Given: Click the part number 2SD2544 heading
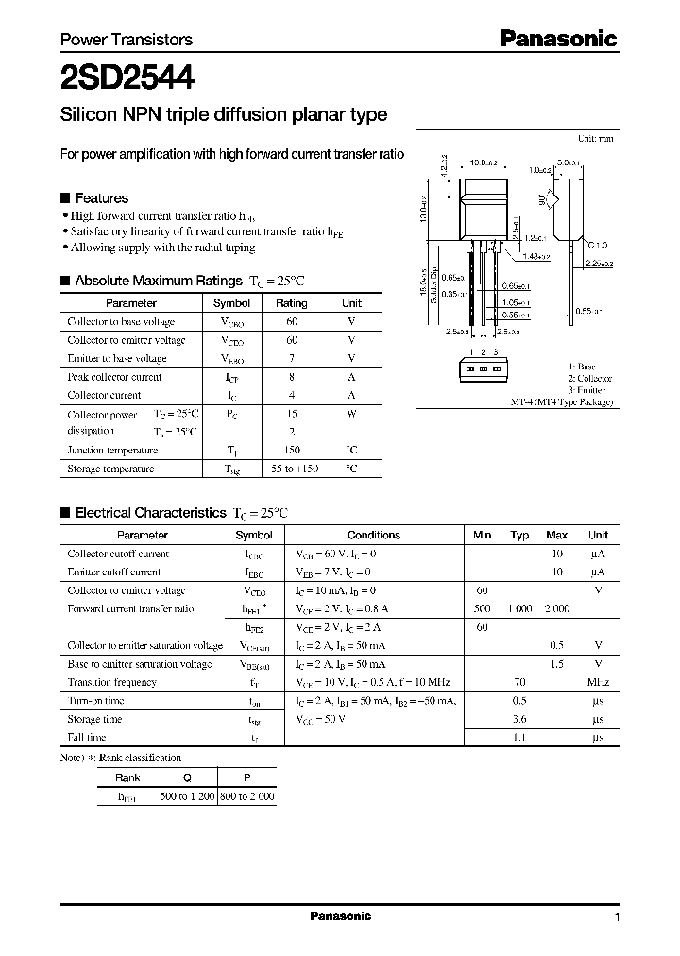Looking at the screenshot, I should click(127, 77).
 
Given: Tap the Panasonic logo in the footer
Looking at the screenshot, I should click(341, 916).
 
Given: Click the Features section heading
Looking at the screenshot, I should click(101, 198).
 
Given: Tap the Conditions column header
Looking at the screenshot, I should click(374, 535).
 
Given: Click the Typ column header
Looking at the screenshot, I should click(519, 535).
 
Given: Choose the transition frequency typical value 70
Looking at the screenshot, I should click(519, 682).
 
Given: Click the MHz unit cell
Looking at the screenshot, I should click(598, 682).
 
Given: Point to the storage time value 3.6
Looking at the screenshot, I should click(519, 719).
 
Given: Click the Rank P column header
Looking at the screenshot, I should click(246, 777).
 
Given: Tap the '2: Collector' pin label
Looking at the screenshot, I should click(589, 378).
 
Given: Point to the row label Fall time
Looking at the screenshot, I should click(87, 737).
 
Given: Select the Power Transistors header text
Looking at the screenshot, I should click(126, 40).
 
